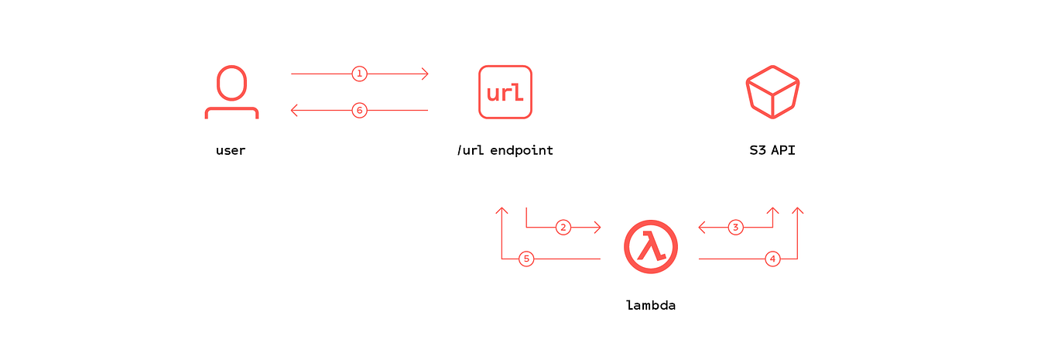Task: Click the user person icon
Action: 231,84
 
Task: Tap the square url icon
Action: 505,92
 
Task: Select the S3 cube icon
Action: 772,92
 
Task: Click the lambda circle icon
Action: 651,247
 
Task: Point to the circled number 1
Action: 359,74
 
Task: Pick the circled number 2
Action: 563,227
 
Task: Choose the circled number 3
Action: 736,227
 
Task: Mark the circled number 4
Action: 772,259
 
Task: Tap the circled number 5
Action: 526,259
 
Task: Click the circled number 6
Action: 359,110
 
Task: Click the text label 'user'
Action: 231,151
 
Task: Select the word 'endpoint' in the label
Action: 522,151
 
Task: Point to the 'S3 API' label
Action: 772,150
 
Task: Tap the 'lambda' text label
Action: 651,305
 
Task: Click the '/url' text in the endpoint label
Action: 471,151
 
